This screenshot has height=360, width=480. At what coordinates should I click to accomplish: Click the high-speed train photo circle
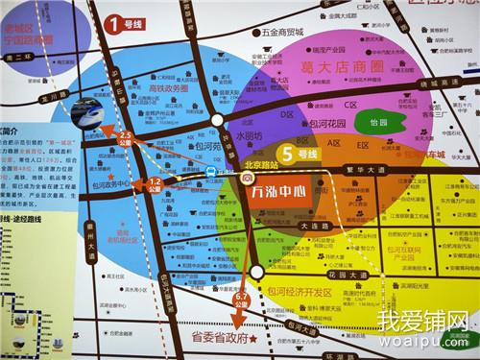(x=86, y=113)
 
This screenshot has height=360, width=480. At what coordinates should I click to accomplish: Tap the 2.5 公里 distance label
(x=126, y=136)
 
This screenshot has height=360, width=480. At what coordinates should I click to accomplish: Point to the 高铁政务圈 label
(x=168, y=88)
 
